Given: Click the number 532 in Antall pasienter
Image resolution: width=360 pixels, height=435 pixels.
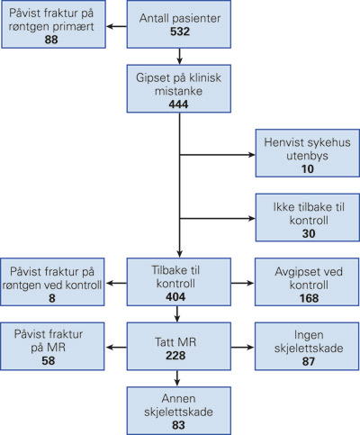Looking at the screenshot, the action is click(180, 32).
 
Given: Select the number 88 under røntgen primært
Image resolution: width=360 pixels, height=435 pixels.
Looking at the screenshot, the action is click(51, 40).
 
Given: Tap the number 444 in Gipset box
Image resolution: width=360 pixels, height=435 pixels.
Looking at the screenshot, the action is click(178, 104).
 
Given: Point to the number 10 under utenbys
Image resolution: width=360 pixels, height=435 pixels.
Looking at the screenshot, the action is click(308, 169).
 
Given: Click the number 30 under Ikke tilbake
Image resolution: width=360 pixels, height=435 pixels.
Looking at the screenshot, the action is click(309, 233).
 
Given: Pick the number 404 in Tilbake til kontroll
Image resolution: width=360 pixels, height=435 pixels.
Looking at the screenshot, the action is click(175, 297).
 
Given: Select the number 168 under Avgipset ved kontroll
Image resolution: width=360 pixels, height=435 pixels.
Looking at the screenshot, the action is click(309, 298).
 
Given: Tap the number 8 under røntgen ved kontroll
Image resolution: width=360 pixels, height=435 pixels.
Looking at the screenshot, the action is click(52, 298).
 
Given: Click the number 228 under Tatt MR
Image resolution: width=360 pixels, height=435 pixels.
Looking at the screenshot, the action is click(175, 356).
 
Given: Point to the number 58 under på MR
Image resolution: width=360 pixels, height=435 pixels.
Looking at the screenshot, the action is click(49, 360).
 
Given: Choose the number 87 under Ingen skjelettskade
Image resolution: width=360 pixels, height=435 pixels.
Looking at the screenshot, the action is click(309, 361).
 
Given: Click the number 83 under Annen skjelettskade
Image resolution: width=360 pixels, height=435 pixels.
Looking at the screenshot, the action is click(178, 425).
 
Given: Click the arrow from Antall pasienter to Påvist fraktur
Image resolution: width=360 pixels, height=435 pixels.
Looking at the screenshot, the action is click(117, 26).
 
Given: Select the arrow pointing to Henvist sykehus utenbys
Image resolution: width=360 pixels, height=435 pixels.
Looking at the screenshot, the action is click(217, 155).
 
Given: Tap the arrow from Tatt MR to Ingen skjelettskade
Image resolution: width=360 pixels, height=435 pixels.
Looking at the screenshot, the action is click(242, 348).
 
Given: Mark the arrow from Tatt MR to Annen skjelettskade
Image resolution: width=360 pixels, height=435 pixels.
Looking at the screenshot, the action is click(177, 378).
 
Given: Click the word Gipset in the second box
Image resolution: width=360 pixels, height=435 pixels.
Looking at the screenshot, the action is click(149, 77).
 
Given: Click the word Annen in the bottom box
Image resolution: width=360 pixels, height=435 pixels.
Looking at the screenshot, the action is click(178, 399).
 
